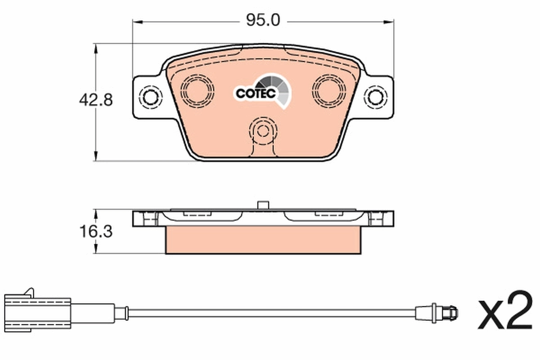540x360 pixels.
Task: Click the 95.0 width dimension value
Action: [x=263, y=20]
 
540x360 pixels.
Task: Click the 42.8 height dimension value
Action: [x=95, y=100]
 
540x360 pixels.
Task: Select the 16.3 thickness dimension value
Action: [x=95, y=232]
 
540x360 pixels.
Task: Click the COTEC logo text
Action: [x=255, y=93]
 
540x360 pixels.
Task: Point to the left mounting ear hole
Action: [x=150, y=96]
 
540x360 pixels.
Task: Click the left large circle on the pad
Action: [x=197, y=88]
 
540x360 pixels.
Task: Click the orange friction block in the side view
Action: [x=263, y=239]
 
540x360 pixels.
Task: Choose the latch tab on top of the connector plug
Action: [x=29, y=292]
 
